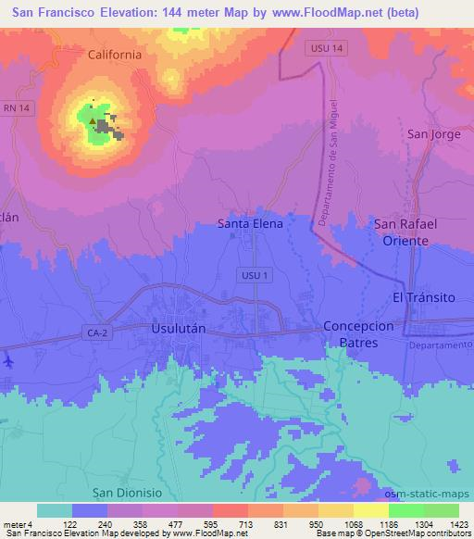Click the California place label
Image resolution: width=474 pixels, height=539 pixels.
115,55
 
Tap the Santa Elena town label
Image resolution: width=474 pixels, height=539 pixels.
250,223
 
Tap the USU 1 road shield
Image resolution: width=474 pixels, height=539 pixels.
252,275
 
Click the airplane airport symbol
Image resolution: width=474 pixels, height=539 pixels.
7,358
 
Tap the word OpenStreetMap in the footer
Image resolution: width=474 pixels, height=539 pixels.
406,533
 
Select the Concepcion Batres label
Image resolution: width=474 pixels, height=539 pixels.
370,335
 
